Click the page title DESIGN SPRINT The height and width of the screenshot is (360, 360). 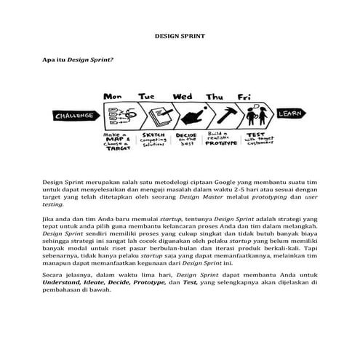click(180, 35)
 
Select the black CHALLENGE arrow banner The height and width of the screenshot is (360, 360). click(76, 115)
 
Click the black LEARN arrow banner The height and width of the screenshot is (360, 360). click(289, 113)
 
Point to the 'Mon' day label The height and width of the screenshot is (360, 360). click(112, 96)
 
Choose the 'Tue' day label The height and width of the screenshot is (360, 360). click(147, 96)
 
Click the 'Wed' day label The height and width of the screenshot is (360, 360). click(182, 96)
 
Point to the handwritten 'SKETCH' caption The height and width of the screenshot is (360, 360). click(154, 135)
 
